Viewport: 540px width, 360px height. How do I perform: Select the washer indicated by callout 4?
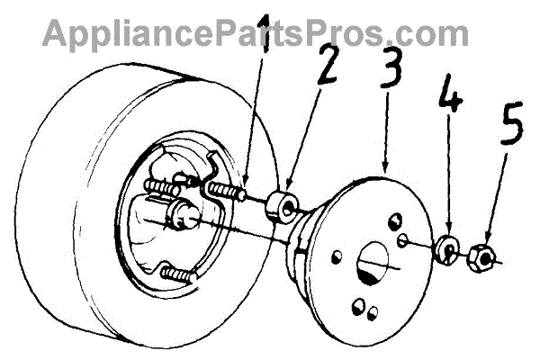[x=445, y=249]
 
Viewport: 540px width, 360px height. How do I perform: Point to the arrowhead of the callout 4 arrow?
[x=447, y=232]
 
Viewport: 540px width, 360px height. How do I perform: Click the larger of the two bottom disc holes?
[x=359, y=303]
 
